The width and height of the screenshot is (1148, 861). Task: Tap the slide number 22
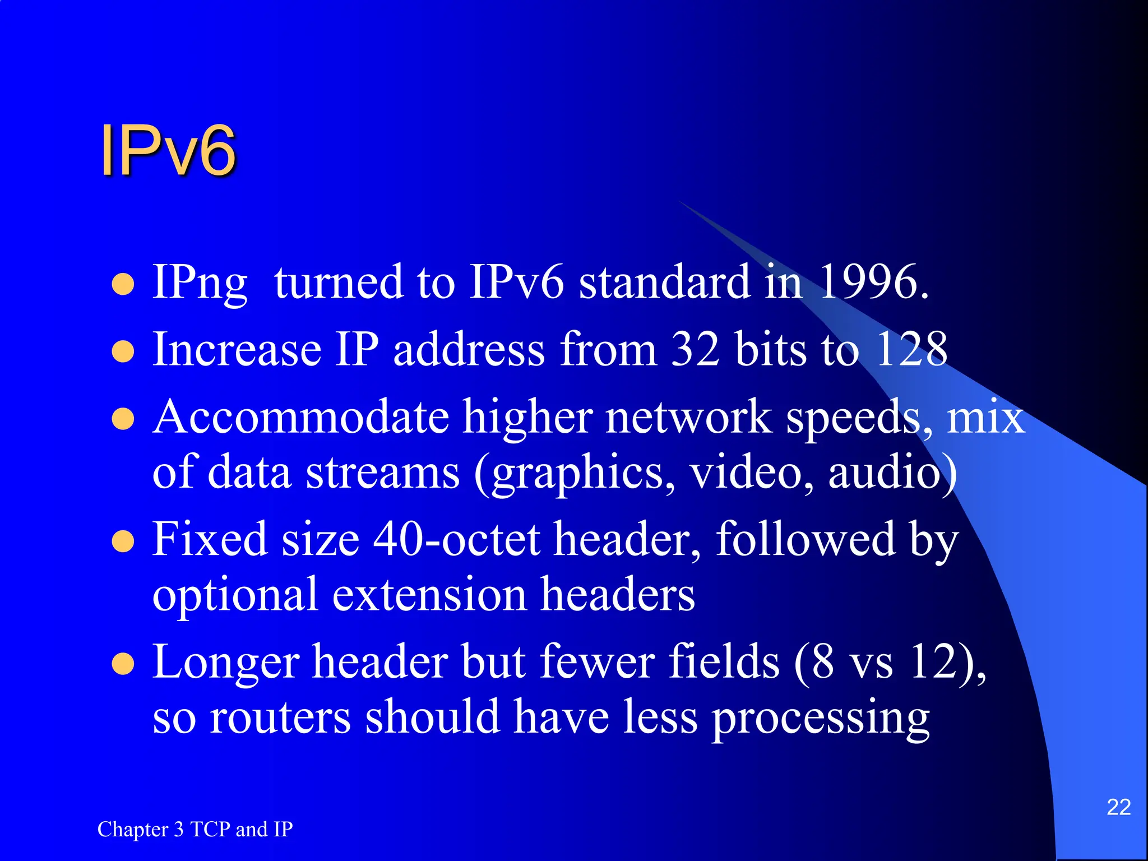1118,807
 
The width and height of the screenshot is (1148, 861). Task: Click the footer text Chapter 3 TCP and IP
195,829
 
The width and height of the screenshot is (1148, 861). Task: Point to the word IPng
200,283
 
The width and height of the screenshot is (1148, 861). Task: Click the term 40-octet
457,539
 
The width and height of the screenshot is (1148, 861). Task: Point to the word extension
429,594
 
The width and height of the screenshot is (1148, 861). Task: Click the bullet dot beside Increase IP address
123,352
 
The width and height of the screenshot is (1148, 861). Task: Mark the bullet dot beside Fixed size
123,542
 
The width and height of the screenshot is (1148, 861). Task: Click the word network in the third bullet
688,418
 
